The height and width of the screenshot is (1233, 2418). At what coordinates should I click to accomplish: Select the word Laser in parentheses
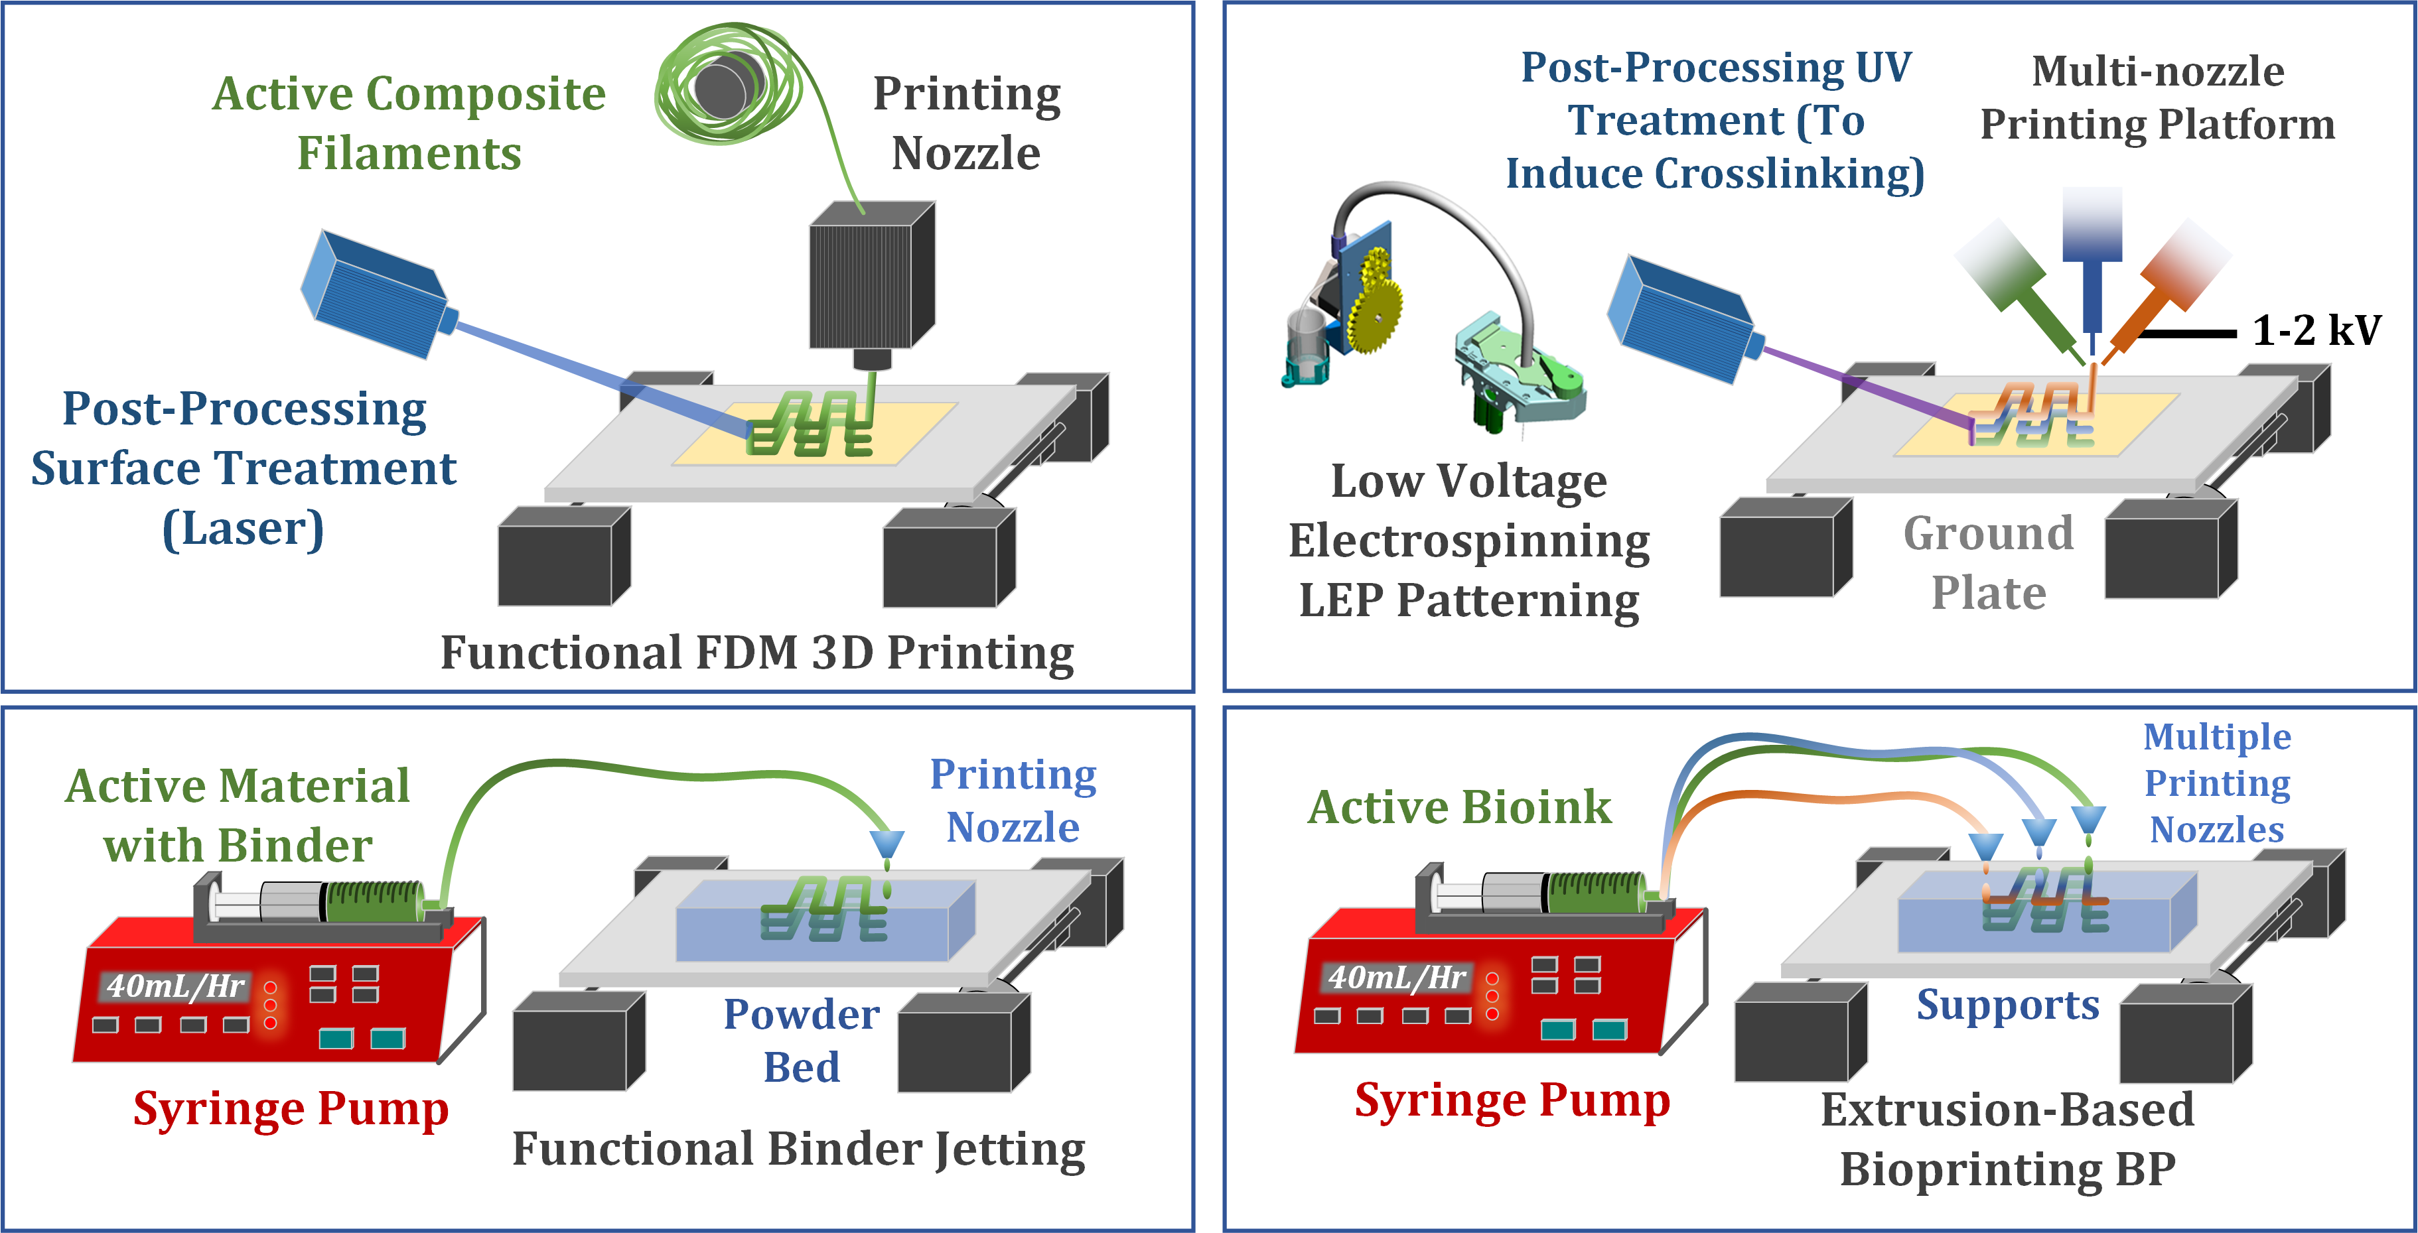click(243, 529)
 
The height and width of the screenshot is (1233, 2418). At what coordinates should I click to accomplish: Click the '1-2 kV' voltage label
click(2316, 330)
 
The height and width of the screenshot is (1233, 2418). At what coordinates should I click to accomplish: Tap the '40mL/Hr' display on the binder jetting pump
click(176, 986)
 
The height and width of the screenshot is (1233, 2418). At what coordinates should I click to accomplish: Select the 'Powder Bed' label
click(802, 1040)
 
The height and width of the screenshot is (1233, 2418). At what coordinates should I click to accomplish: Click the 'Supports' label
click(2008, 1004)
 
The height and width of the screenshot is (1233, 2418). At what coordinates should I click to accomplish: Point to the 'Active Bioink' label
click(1460, 807)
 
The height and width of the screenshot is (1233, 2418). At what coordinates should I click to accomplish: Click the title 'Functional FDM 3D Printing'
click(758, 653)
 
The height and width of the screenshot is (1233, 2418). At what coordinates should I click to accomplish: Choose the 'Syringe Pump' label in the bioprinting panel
click(1512, 1101)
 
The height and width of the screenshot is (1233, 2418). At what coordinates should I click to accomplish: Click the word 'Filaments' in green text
click(409, 153)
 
